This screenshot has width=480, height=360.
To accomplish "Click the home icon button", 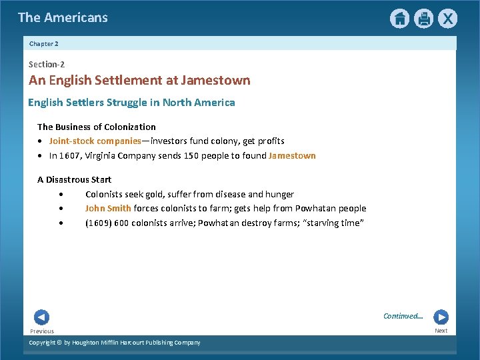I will [x=399, y=19].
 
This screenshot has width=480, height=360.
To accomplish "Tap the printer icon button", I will [x=423, y=19].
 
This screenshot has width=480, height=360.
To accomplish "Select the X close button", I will [x=448, y=19].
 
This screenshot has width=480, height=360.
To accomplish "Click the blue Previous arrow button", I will [x=41, y=317].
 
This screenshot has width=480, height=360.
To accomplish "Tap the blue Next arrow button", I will [x=441, y=317].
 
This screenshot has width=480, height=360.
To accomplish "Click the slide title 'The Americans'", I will [x=63, y=18].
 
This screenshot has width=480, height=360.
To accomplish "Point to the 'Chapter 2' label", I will [x=44, y=43].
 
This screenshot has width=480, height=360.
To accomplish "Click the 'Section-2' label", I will [x=47, y=65].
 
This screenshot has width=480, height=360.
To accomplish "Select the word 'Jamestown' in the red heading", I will [x=219, y=81].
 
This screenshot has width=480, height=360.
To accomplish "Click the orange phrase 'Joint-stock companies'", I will [x=95, y=141].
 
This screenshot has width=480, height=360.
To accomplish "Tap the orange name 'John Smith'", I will [x=108, y=209].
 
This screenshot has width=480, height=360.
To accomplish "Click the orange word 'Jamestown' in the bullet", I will [x=292, y=156].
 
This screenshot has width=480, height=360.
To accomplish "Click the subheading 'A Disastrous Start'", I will [x=74, y=180].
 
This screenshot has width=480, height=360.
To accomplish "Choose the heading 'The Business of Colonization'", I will [x=97, y=127].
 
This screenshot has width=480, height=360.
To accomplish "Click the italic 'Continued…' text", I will [x=403, y=316].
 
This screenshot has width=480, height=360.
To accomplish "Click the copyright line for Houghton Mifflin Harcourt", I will [x=115, y=343].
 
